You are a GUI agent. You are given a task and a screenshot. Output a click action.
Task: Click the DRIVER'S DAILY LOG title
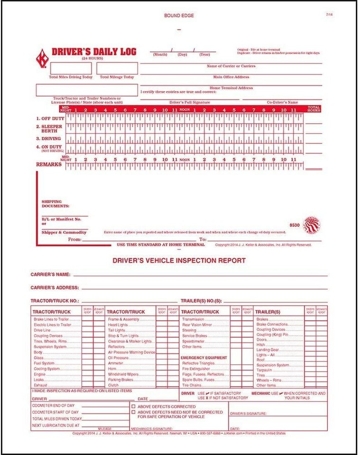(x=87, y=52)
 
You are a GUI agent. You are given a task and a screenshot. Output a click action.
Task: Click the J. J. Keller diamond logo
(x=42, y=58)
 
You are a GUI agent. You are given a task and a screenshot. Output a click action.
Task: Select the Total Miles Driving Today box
(x=71, y=68)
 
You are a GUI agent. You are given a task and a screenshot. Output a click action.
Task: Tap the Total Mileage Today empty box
(x=117, y=68)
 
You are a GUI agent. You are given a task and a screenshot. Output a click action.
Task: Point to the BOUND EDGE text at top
(x=179, y=16)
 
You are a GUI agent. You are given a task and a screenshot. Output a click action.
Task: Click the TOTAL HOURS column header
(x=314, y=109)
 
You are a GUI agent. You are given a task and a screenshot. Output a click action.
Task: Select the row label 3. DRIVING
(x=50, y=138)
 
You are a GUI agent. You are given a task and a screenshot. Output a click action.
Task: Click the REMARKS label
(x=49, y=164)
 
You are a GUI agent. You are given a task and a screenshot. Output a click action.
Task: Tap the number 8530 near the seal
(x=295, y=225)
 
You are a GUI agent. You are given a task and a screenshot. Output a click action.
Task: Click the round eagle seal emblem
(x=312, y=225)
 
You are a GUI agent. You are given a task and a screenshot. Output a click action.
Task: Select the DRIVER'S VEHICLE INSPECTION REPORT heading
(x=179, y=260)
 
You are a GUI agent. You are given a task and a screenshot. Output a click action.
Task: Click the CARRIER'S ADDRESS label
(x=55, y=288)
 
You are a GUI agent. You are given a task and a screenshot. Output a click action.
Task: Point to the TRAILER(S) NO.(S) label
(x=201, y=300)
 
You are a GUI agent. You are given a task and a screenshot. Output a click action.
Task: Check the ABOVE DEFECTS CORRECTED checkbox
(x=133, y=407)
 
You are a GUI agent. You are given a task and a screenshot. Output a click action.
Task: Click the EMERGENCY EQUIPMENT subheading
(x=204, y=357)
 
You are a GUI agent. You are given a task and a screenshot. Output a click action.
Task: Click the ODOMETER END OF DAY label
(x=53, y=406)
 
